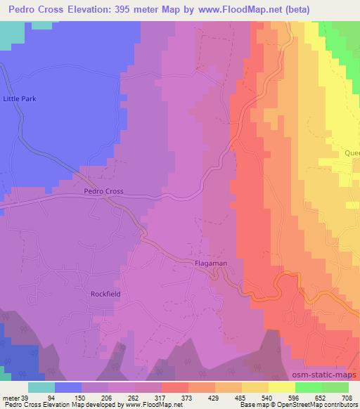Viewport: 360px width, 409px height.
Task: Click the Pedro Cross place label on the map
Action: pyautogui.click(x=103, y=191)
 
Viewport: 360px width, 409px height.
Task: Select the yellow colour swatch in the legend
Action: pyautogui.click(x=281, y=387)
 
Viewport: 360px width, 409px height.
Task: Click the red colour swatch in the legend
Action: pyautogui.click(x=174, y=387)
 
